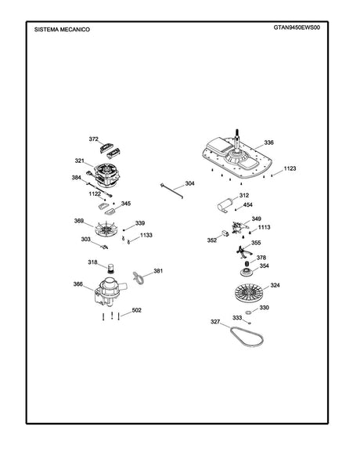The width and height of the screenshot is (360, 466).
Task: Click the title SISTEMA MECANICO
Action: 62,30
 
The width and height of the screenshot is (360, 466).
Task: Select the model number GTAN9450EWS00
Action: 297,27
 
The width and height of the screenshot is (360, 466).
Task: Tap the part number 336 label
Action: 268,143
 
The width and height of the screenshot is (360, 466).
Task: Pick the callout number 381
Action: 158,271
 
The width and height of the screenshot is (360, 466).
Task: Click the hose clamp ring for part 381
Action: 139,277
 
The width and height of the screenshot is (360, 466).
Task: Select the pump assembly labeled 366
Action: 110,292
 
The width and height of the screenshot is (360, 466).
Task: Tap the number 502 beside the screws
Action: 137,310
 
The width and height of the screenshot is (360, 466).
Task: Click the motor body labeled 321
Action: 107,175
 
